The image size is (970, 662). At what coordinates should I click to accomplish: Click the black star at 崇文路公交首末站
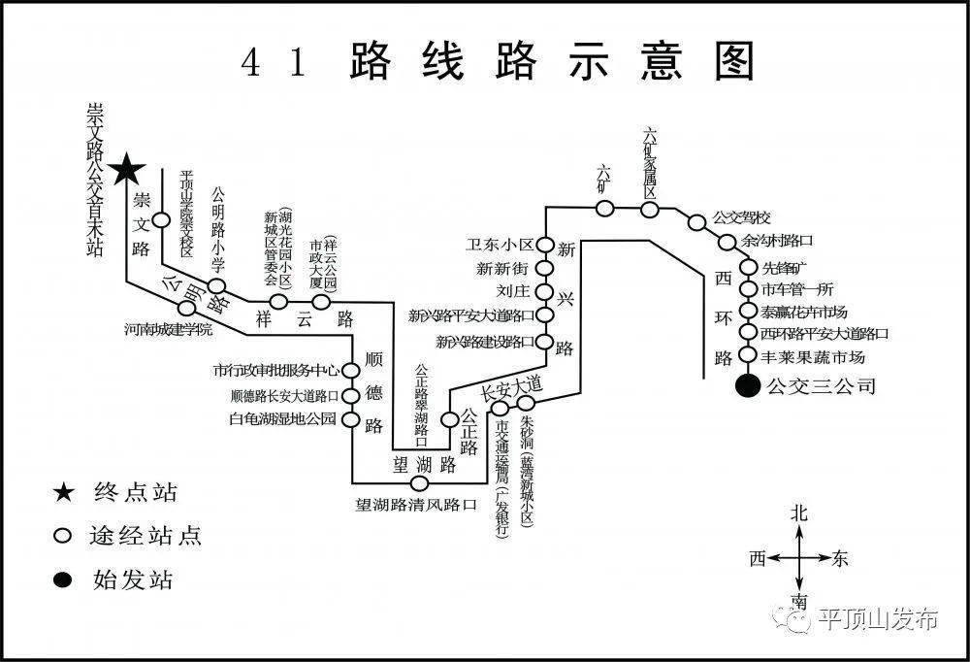127,171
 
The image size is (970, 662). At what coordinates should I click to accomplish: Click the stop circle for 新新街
545,268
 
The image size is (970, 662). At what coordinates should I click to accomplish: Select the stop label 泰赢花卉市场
804,312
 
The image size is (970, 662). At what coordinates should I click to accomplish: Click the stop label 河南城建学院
168,330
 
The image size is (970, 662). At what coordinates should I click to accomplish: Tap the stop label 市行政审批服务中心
276,370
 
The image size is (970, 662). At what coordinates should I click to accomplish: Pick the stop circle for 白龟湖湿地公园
349,421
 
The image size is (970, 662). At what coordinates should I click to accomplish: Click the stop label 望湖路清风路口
417,505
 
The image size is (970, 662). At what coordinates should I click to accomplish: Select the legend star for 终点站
64,492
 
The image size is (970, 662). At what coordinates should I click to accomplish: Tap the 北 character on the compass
799,513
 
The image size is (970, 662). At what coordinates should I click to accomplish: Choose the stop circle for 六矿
604,208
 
